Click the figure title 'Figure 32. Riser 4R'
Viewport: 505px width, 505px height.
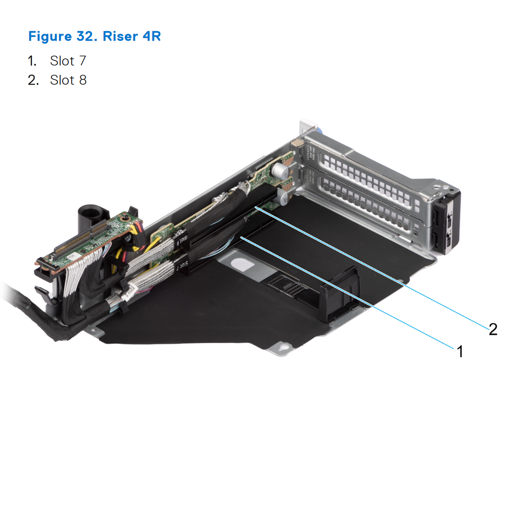coord(94,36)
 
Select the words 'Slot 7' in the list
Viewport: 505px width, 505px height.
coord(68,61)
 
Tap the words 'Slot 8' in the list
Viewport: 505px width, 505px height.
coord(68,80)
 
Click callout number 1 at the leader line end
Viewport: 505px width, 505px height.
coord(460,351)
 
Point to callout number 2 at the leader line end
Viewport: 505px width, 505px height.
coord(492,329)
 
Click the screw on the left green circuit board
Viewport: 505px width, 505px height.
coord(126,218)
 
